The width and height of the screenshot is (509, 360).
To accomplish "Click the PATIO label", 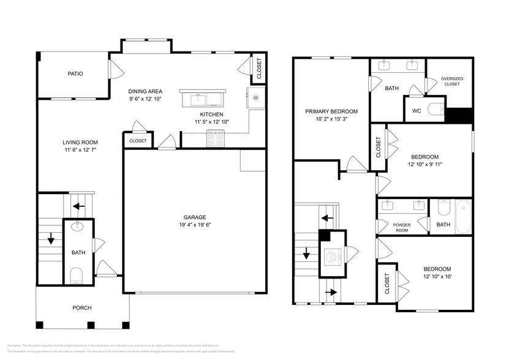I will tap(75, 74).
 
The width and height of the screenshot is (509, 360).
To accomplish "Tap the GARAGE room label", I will tap(195, 217).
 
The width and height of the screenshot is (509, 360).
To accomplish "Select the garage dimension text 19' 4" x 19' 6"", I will tap(195, 225).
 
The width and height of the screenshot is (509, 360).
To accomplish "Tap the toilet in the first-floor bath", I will tap(77, 275).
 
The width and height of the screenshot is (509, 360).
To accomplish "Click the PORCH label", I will tap(82, 307).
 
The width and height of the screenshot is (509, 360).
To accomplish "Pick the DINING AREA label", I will tap(145, 91).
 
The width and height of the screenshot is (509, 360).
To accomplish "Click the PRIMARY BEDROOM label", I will tap(331, 111).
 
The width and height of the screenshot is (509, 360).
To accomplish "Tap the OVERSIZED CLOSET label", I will tap(451, 81).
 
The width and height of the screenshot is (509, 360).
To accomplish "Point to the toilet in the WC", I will tap(435, 111).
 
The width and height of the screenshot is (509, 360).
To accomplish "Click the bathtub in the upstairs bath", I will tap(463, 217).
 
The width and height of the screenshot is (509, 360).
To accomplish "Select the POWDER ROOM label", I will tap(402, 228).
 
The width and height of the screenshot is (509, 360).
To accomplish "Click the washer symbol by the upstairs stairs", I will tap(333, 254).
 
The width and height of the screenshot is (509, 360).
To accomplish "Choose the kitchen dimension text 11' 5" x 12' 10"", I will tap(211, 122).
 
